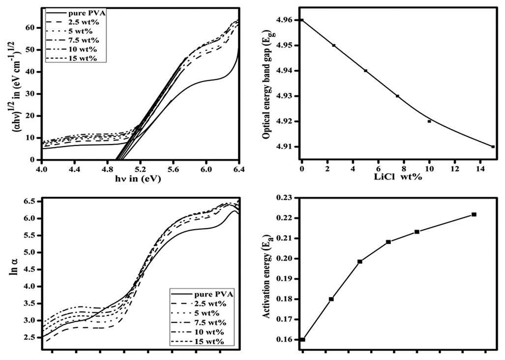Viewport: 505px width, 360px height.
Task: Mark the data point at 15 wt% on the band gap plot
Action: [493, 147]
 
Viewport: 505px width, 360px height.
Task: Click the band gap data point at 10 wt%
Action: [429, 121]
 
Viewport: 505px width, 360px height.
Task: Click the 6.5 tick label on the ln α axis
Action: [31, 202]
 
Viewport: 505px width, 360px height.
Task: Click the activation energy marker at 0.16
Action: [302, 339]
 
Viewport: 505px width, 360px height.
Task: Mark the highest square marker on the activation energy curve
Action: [474, 214]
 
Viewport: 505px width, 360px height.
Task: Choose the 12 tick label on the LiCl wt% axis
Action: [454, 169]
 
